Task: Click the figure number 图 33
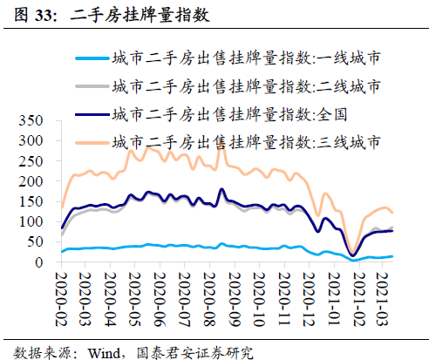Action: click(x=33, y=17)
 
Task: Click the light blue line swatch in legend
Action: click(x=92, y=59)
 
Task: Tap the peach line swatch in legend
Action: click(x=92, y=140)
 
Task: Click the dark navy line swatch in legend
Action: click(x=92, y=113)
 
